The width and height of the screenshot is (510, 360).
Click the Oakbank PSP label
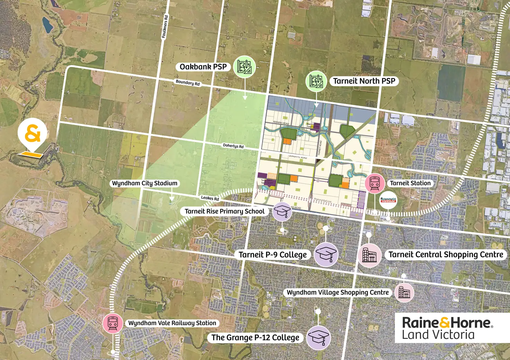point(203,67)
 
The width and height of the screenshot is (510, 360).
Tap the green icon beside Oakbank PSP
point(246,67)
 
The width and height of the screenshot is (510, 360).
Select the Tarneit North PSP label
point(364,81)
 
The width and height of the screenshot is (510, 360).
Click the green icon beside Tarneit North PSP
point(316,81)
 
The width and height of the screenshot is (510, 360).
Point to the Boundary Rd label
point(188,83)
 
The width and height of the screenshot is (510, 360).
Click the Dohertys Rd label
point(233,146)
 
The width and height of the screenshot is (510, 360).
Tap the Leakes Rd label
point(210,198)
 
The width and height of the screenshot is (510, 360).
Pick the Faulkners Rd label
point(165,26)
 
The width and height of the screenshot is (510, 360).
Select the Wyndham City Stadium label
point(144,183)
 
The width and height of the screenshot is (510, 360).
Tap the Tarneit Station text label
point(410,183)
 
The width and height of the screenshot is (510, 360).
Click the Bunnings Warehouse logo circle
point(388,200)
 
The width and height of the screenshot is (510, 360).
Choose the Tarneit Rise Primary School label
point(225,211)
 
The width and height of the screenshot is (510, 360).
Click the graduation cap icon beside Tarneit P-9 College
point(325,254)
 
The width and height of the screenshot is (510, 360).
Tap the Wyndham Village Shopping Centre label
point(338,292)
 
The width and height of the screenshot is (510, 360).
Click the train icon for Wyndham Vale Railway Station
point(113,323)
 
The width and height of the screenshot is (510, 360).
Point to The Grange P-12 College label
point(255,337)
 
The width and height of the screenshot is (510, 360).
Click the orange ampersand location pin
point(33,134)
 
